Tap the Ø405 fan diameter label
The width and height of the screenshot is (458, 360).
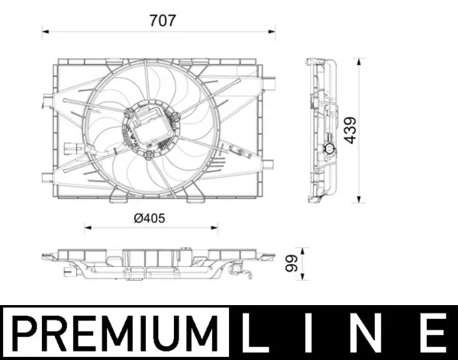(150, 218)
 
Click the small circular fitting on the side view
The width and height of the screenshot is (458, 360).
(328, 149)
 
